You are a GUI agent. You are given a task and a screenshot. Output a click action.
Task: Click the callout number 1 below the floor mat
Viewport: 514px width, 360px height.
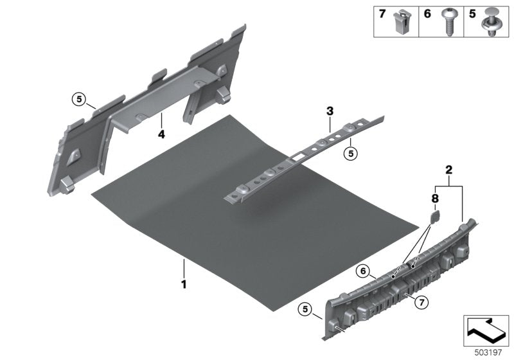point(184,283)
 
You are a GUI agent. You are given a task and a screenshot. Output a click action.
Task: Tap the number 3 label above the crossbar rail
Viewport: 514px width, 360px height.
point(330,111)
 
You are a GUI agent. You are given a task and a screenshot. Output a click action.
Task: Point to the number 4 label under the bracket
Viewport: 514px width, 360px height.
point(162,135)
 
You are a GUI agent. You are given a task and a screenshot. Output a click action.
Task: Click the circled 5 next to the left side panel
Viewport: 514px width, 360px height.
point(78,99)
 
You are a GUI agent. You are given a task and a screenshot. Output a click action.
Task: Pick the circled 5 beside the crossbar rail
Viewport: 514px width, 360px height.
point(351,153)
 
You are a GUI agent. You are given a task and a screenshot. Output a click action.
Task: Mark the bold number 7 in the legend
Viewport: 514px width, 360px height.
point(382,14)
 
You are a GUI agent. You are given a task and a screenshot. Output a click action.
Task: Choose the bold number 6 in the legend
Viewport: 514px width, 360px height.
point(427,14)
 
